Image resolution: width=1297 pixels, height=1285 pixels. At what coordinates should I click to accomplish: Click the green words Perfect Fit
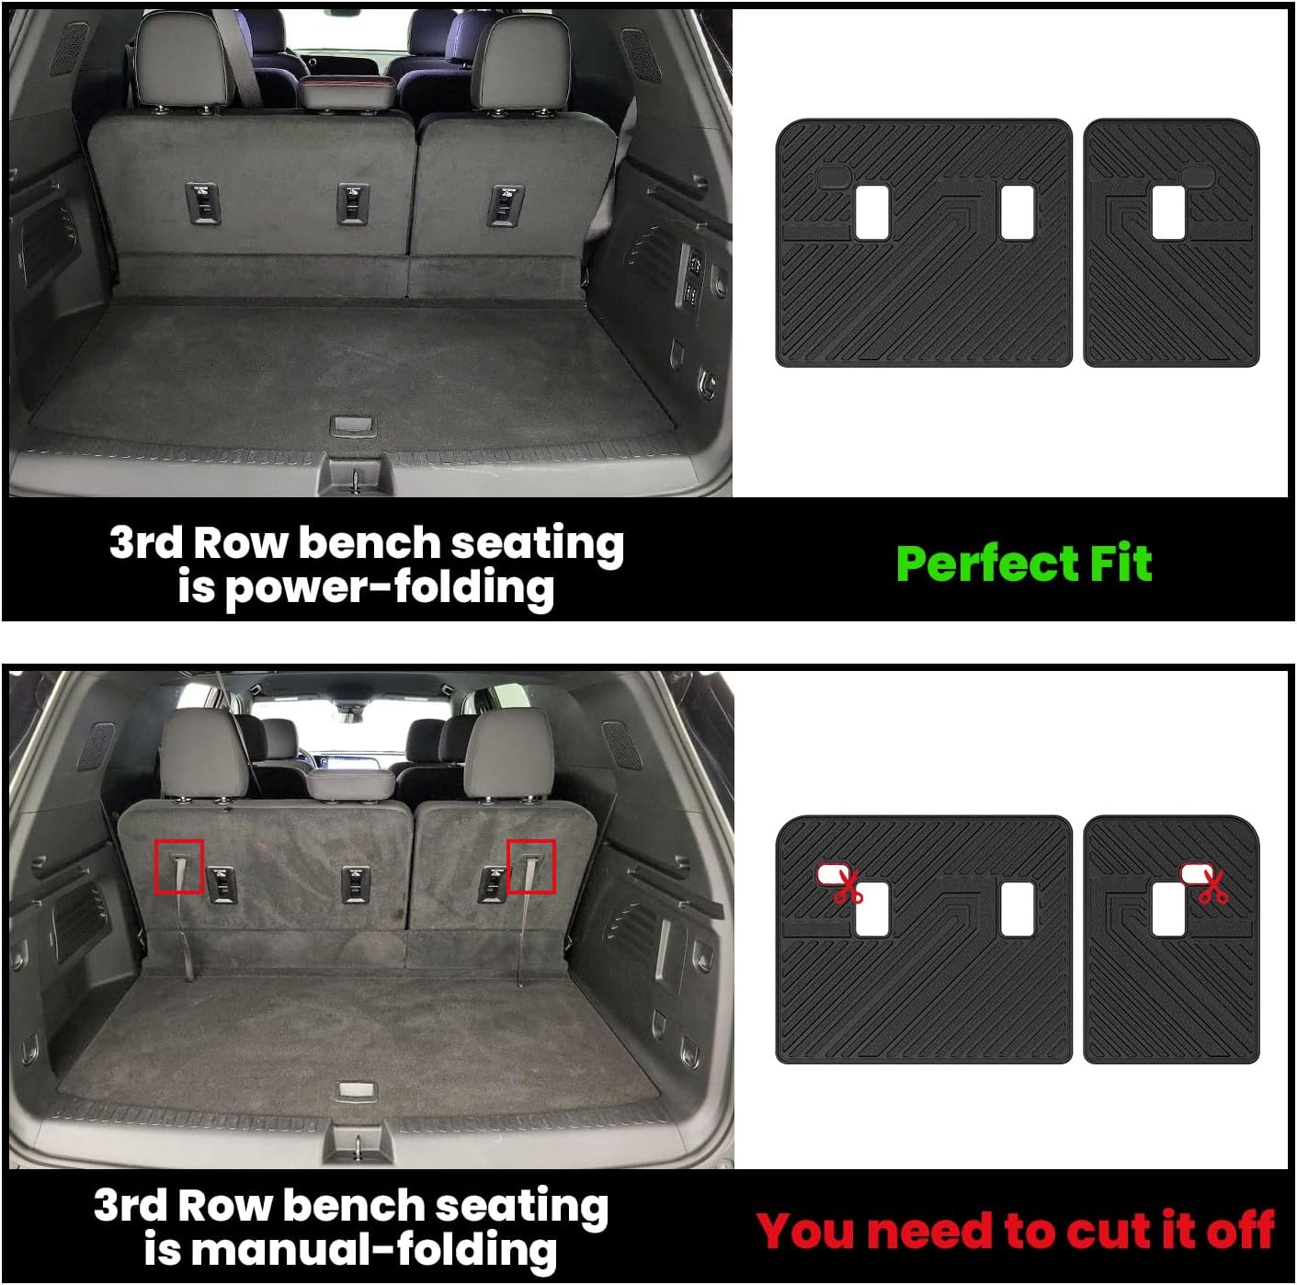1023,563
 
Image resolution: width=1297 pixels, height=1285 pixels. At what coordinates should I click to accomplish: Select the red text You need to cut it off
1015,1231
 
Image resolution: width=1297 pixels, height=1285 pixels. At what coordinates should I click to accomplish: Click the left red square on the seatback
179,866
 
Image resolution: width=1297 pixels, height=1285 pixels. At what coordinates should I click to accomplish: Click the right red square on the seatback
531,866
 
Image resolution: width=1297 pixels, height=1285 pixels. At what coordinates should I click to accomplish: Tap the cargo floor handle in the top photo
352,425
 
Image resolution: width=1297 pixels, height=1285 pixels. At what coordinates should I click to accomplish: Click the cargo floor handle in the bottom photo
358,1090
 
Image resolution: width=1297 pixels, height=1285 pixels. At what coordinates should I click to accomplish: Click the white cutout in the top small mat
1167,212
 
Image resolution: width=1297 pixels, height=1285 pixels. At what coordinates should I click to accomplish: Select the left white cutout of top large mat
871,213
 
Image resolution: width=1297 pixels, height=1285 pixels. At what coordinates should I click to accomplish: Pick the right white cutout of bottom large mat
1017,909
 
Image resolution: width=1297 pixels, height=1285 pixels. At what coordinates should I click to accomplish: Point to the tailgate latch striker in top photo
355,477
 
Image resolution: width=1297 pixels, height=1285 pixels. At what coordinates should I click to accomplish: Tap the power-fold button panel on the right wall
691,278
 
